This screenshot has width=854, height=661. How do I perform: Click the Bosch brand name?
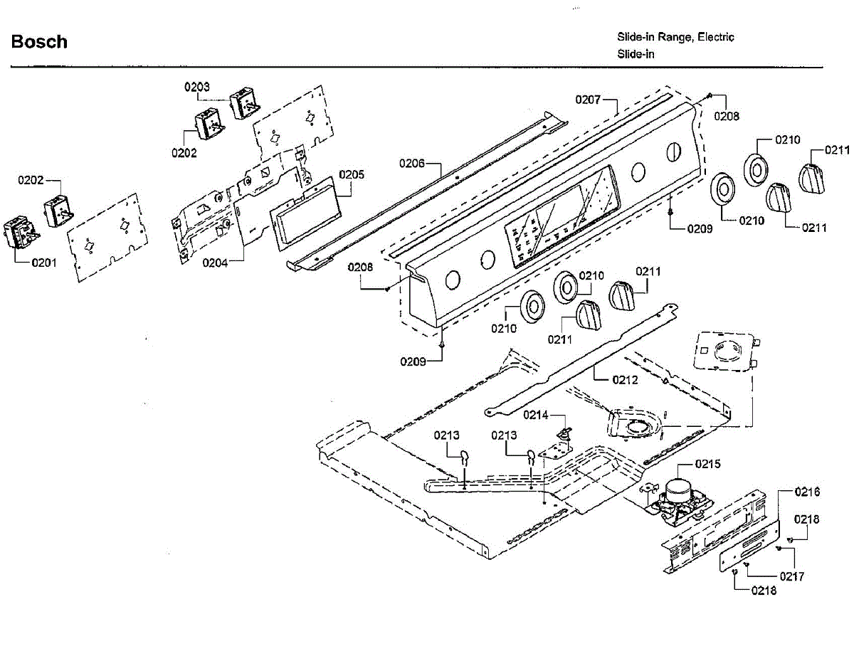[39, 42]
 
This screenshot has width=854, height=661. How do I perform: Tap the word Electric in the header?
[715, 37]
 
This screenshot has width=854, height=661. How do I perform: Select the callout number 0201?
[43, 263]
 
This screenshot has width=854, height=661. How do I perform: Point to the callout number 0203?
[197, 87]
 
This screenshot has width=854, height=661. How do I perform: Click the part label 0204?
[215, 263]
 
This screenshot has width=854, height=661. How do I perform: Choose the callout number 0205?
[351, 174]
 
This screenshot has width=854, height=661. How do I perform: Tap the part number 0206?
[412, 164]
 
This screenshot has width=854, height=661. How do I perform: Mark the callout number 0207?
[589, 99]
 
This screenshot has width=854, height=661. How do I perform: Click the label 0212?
[625, 379]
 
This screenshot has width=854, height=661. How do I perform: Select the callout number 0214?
[537, 415]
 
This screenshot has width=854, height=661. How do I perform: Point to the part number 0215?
[707, 464]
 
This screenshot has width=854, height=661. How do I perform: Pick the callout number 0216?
[807, 492]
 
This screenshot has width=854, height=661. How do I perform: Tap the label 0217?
[791, 576]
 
